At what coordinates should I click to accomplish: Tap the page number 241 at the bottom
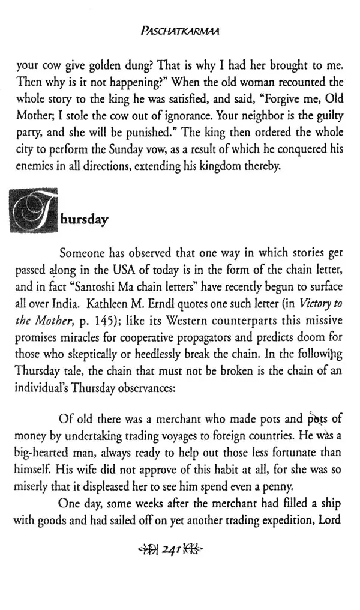(178, 547)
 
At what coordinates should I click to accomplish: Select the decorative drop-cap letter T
(34, 210)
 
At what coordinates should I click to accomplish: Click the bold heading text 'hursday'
(84, 220)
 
